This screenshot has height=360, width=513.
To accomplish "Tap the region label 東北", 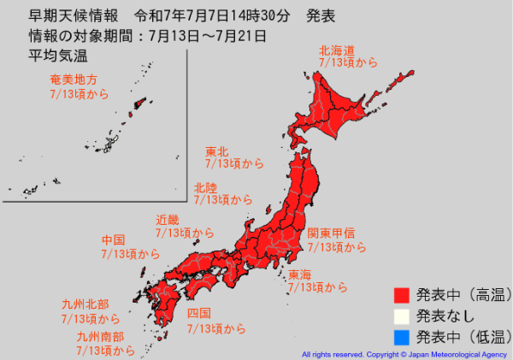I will (x=216, y=151).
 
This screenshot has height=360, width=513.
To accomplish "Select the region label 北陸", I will (x=205, y=187).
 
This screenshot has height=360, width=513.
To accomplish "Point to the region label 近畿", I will (x=168, y=220).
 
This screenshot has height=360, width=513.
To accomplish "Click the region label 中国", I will (x=114, y=240).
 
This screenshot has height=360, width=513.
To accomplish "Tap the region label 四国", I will (x=199, y=314).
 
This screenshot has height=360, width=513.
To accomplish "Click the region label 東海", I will (x=300, y=275).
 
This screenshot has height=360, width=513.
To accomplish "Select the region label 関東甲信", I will (x=331, y=233).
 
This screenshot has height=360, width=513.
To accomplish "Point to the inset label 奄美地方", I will (x=74, y=80).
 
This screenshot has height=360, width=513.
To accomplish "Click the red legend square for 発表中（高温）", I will (x=402, y=296).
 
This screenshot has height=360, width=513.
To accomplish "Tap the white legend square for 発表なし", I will (x=402, y=316).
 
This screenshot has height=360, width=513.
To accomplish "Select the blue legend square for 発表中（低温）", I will (x=402, y=335).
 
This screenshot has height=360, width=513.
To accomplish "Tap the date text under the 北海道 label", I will (x=347, y=63).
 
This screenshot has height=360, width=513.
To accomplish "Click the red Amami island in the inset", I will (x=137, y=105).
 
